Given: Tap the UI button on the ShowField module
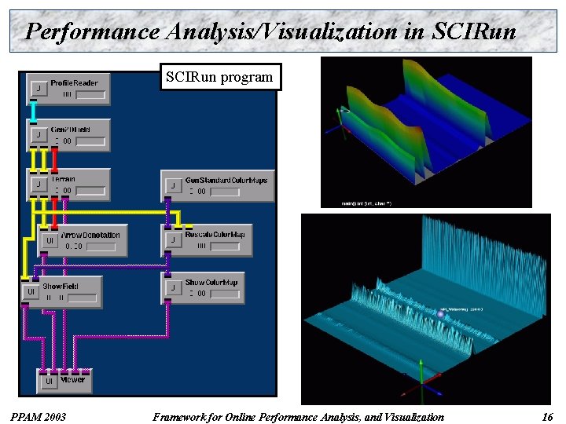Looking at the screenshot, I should [31, 292].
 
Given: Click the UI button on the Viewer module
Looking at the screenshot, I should [48, 382].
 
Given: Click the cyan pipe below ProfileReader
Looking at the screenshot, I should [33, 112].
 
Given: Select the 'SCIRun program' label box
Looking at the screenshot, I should [219, 77].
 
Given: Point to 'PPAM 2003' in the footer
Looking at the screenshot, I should [38, 417].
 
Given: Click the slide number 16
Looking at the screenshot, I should [547, 417].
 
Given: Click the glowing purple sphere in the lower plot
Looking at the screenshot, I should [440, 314].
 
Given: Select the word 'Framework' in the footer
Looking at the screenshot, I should [178, 417].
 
